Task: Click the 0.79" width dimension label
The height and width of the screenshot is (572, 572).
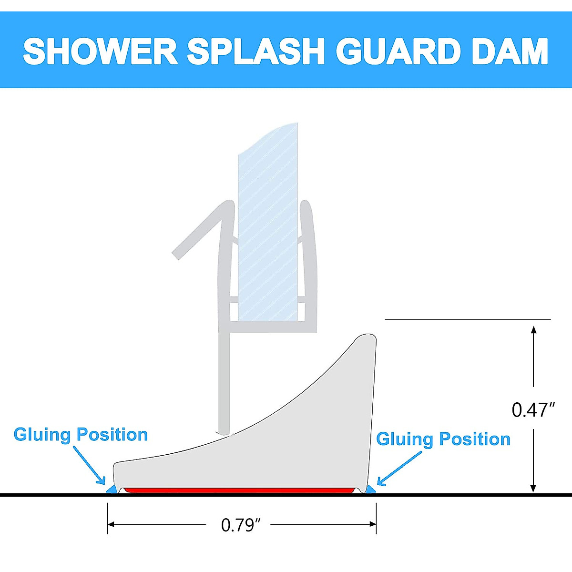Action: tap(241, 525)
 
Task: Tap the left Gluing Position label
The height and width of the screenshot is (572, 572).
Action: tap(81, 435)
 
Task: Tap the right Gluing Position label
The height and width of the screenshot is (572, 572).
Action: tap(443, 439)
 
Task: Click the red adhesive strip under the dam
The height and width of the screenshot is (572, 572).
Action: tap(238, 490)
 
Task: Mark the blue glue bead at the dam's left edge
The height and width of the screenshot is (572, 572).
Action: tap(112, 490)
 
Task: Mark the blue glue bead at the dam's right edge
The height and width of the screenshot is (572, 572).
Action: tap(370, 490)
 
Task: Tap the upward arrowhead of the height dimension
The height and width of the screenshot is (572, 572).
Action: tap(534, 330)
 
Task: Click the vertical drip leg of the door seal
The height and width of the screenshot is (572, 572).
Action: tap(225, 381)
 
